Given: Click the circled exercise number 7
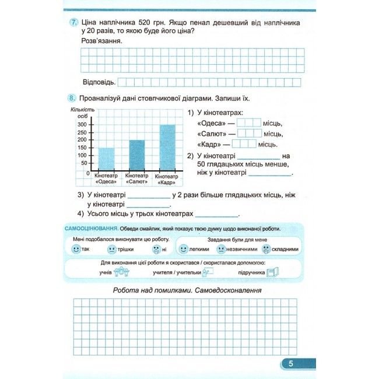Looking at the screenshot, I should [x=73, y=22].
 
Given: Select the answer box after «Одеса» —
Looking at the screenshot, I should [x=249, y=123].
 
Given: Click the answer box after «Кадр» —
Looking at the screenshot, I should [x=244, y=144].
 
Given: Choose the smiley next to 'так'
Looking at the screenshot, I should [x=76, y=249].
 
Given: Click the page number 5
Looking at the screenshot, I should [x=290, y=364].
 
